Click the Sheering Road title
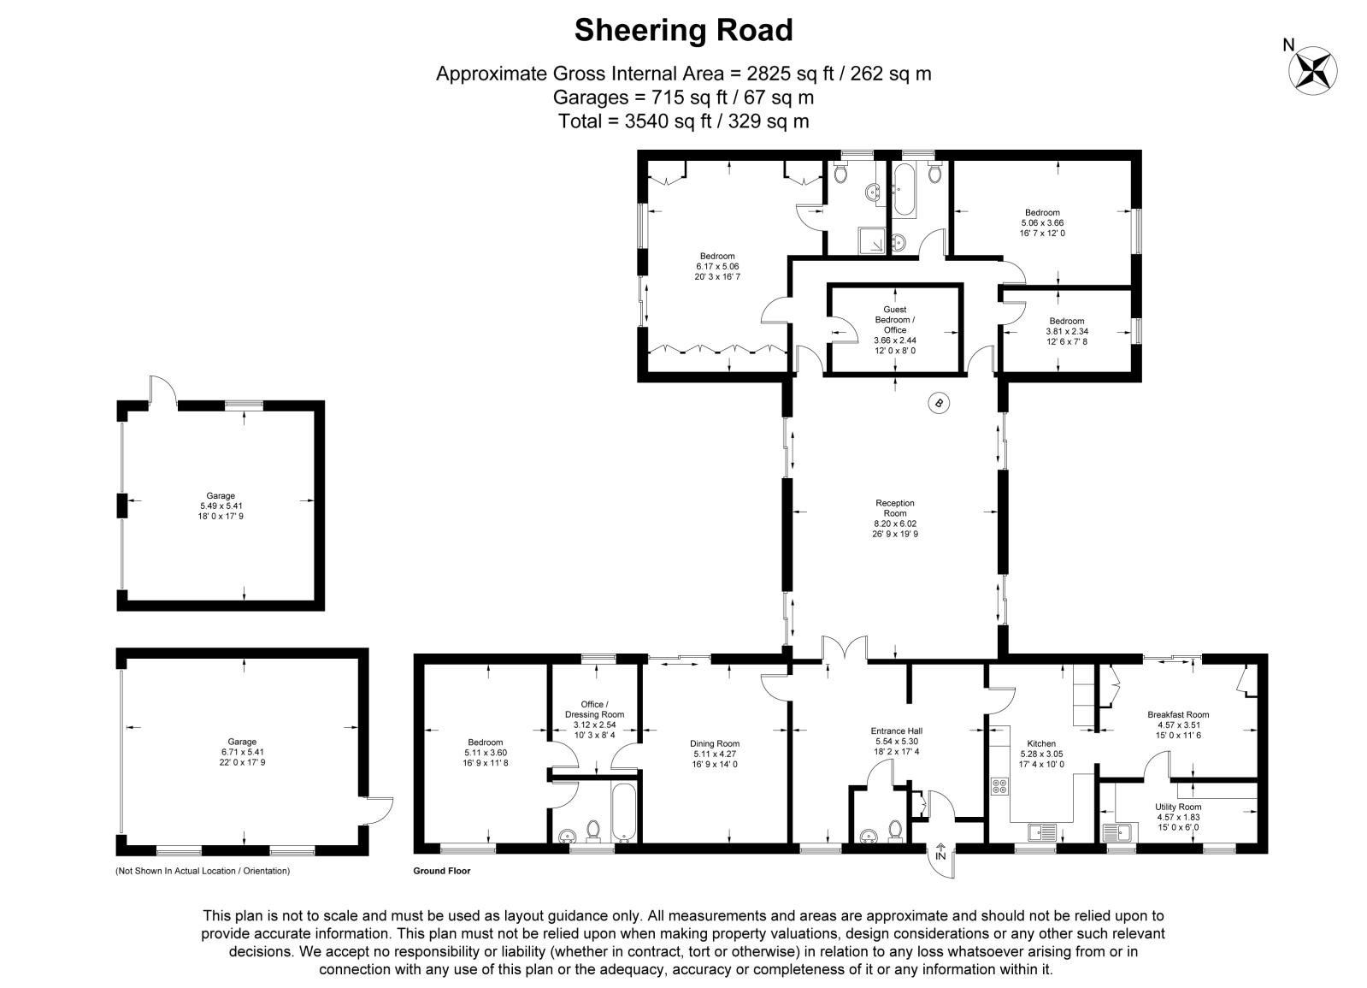pos(684,30)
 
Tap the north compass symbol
pos(1312,71)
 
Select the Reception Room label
pos(894,508)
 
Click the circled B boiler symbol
pos(939,403)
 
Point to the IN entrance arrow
pos(940,851)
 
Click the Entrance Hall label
pos(897,731)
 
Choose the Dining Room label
pos(715,743)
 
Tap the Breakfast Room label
pos(1178,714)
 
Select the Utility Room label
pos(1178,807)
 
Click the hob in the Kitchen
pos(999,786)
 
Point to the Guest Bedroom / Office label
pos(894,319)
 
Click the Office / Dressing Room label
pos(594,709)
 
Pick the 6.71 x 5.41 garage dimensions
pos(242,752)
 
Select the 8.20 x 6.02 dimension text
pos(894,524)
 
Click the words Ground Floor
pos(441,871)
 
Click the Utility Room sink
pos(1117,831)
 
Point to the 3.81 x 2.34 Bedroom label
pos(1067,331)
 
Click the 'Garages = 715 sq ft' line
pos(683,98)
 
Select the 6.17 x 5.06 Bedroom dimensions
pos(717,266)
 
